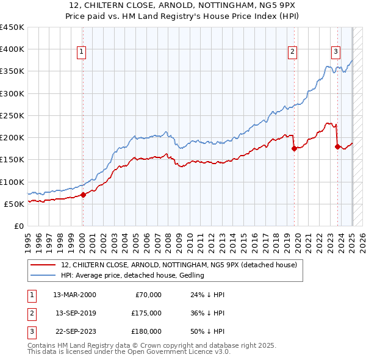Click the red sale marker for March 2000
tap(84, 195)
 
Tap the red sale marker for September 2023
tap(337, 146)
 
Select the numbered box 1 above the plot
tap(82, 52)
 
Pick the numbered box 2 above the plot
tap(293, 52)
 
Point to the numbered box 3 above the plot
tap(336, 52)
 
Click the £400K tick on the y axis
tap(12, 49)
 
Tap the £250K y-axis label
tap(12, 115)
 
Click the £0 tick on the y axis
tap(19, 226)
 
